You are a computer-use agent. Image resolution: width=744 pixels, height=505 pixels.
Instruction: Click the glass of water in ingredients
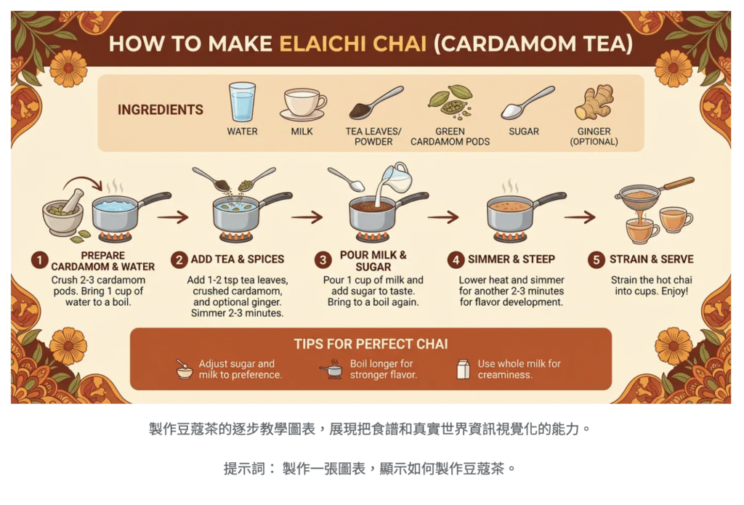click(x=242, y=102)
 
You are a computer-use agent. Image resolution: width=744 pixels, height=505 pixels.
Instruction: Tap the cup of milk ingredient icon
click(x=303, y=104)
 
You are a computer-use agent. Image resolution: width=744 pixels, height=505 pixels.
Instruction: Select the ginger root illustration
click(x=594, y=102)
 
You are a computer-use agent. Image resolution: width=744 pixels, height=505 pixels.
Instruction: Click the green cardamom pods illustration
click(x=450, y=102)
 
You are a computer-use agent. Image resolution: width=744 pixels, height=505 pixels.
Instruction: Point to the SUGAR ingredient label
click(x=524, y=132)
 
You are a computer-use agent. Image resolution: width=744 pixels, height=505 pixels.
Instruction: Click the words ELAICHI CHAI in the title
click(x=353, y=44)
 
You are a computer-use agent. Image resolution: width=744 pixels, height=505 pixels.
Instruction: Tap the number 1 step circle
click(x=40, y=260)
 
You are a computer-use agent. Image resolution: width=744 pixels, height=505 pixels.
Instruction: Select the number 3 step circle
click(x=323, y=260)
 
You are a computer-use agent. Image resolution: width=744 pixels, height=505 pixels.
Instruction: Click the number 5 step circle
click(x=596, y=260)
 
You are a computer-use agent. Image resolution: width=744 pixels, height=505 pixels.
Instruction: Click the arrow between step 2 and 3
click(x=307, y=217)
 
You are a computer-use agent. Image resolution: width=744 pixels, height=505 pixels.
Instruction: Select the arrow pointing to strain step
click(x=580, y=217)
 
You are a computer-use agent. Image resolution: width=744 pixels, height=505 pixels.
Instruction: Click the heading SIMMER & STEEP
click(x=511, y=259)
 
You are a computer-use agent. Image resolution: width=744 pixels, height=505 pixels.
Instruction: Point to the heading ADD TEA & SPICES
click(x=238, y=259)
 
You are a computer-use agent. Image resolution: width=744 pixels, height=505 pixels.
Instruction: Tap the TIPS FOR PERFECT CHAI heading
click(x=371, y=344)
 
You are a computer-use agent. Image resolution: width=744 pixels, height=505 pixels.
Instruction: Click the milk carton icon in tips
click(x=463, y=369)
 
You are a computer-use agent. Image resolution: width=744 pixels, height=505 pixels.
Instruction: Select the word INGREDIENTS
click(x=161, y=110)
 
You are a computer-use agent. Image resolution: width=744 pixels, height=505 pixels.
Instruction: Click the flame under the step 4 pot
click(x=511, y=236)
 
